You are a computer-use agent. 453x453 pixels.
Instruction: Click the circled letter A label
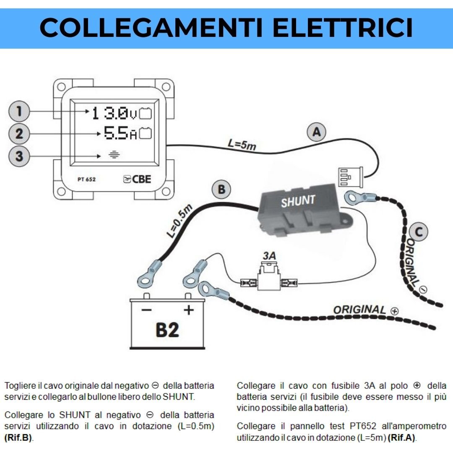point(316,132)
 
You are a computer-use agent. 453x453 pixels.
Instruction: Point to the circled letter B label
point(221,190)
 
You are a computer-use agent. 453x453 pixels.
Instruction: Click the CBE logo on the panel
point(137,179)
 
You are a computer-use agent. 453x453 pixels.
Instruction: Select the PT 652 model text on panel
point(86,180)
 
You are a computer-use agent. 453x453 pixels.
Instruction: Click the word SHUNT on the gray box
point(298,201)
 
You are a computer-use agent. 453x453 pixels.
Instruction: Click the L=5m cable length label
point(242,144)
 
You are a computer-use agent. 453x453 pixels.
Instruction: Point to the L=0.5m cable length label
point(180,221)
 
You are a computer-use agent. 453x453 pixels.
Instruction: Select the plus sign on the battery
point(189,310)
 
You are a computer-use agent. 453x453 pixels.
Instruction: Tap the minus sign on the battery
point(146,310)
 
